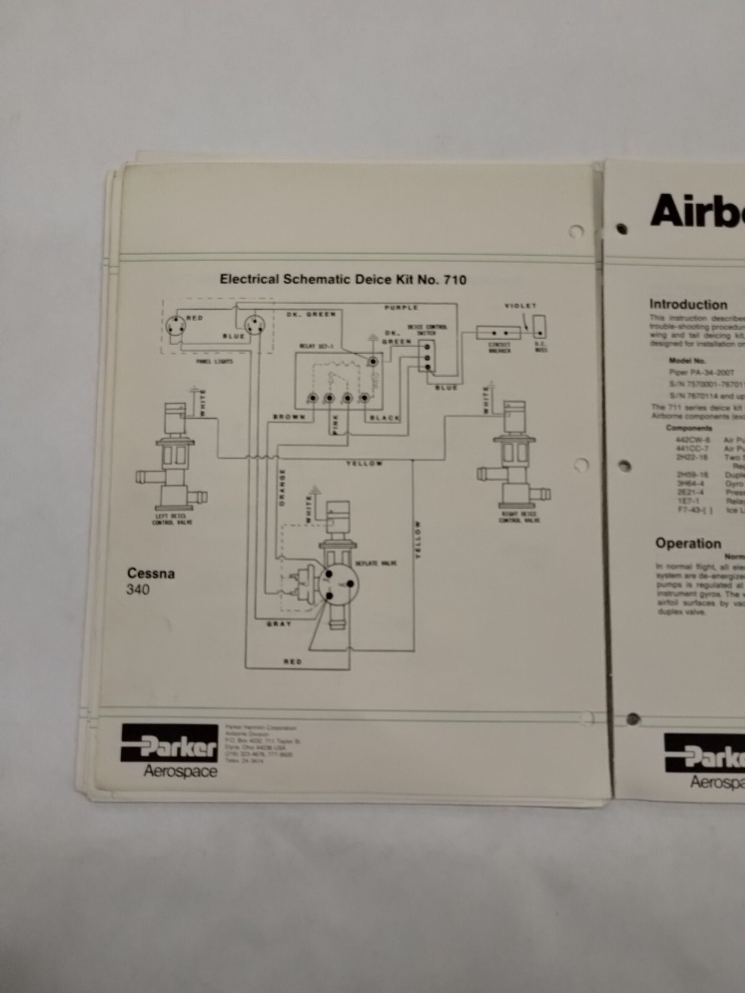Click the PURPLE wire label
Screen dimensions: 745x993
[x=401, y=307]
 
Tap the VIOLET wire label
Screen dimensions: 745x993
[x=520, y=305]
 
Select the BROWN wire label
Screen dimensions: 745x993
[x=289, y=417]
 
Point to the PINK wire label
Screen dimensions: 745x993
[x=336, y=425]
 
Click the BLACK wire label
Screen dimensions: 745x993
[x=385, y=418]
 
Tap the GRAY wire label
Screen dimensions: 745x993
[x=279, y=623]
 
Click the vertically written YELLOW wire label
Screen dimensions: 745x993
[x=418, y=539]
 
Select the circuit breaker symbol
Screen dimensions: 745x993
[x=499, y=333]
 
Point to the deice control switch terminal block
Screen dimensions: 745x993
[x=426, y=356]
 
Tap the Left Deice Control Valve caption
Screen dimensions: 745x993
[x=173, y=519]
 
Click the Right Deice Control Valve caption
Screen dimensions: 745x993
[x=520, y=517]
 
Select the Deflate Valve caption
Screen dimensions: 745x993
[x=376, y=563]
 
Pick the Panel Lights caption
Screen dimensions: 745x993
[x=215, y=361]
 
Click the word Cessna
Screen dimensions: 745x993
[x=151, y=573]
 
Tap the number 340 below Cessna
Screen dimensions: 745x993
[x=138, y=590]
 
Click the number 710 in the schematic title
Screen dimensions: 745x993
[x=454, y=280]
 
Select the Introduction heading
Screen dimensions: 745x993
[x=688, y=304]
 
